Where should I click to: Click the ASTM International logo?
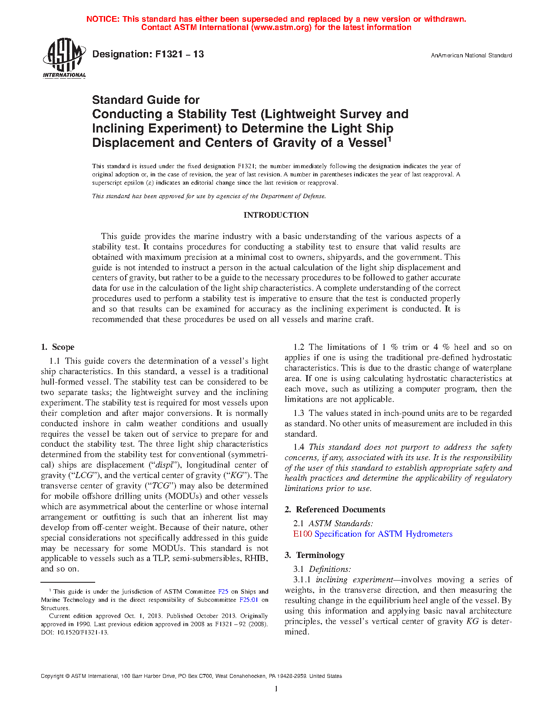[64, 57]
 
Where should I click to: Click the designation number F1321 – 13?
[148, 54]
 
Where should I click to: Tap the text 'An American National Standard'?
[471, 56]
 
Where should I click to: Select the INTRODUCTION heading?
[276, 215]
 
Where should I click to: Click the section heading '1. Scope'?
[58, 347]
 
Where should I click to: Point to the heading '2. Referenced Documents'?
[335, 510]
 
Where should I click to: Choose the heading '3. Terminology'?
[315, 555]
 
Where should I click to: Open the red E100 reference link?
[302, 534]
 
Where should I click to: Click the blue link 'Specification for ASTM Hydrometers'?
[383, 534]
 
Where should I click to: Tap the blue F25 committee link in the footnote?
[223, 591]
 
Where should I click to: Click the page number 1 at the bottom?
[276, 689]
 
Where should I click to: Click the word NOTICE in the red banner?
[103, 19]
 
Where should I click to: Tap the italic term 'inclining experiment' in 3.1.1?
[354, 580]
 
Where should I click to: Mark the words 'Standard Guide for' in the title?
[146, 100]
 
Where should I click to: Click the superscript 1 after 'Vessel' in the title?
[389, 139]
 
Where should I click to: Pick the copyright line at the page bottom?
[191, 676]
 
